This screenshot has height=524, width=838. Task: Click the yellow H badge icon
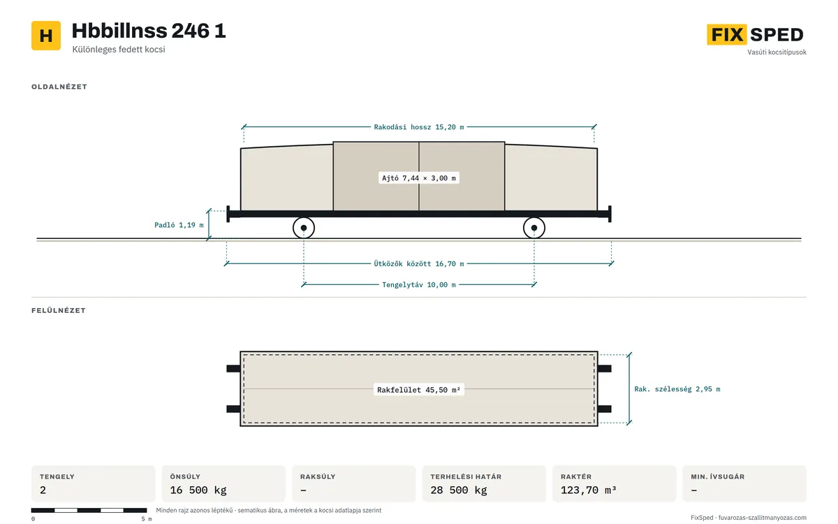point(46,36)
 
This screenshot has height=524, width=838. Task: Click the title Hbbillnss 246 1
point(149,31)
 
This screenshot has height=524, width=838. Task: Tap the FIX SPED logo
point(755,34)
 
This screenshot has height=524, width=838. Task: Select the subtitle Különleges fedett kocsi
point(119,50)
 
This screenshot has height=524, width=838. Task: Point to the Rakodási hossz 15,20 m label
point(418,127)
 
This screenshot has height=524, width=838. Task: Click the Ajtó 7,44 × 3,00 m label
point(418,178)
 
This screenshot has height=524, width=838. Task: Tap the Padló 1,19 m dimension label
point(179,225)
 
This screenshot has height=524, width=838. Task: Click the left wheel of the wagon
point(304,228)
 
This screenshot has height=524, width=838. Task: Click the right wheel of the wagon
point(534,228)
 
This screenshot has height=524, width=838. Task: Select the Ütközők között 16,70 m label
point(418,264)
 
